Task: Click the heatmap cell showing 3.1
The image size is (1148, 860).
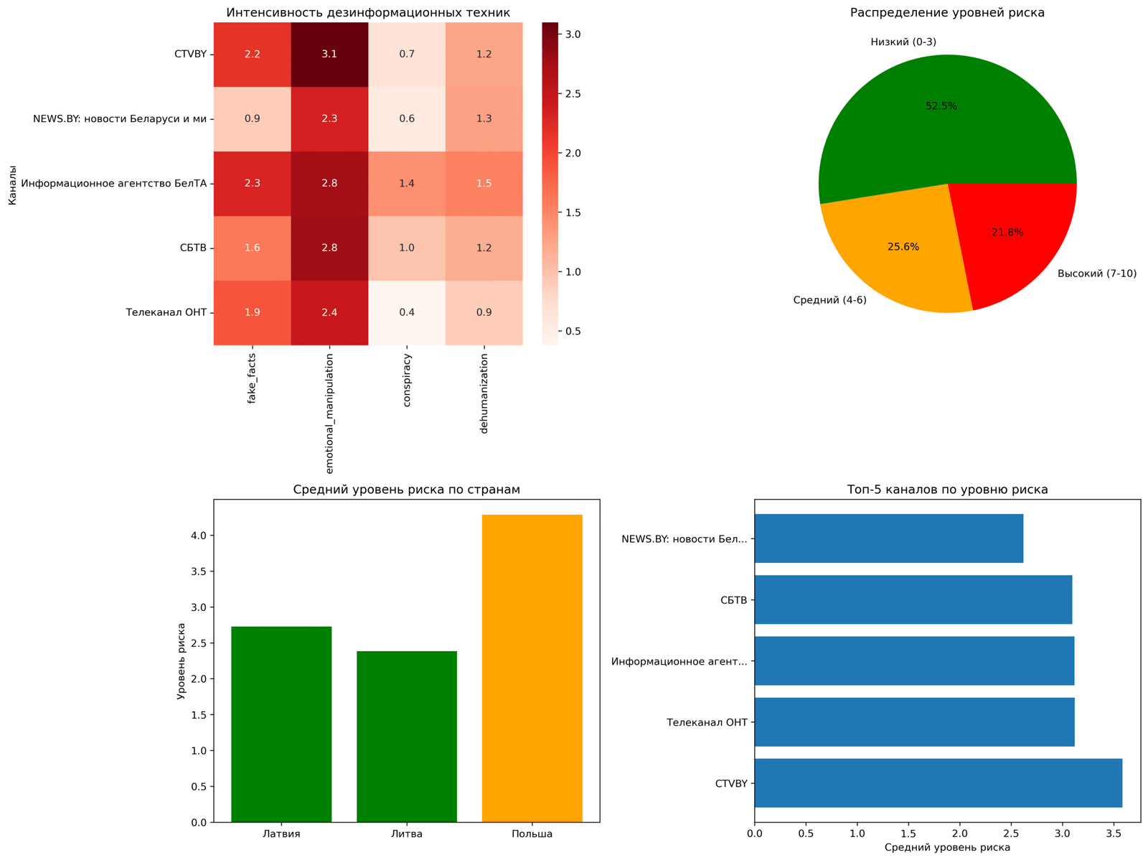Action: click(329, 55)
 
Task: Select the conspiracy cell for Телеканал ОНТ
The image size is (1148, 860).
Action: click(407, 313)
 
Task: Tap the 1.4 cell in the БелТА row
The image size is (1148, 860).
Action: click(407, 184)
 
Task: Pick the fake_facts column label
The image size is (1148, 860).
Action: click(252, 378)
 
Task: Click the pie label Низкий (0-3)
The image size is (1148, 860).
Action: click(903, 42)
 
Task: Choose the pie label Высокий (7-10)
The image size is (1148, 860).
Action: click(1097, 274)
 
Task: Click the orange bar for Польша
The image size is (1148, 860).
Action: click(532, 668)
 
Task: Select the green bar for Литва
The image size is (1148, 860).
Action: click(407, 736)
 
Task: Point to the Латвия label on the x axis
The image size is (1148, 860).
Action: click(281, 834)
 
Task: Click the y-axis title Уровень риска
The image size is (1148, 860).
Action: click(181, 661)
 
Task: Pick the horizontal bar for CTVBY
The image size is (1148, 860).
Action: click(938, 783)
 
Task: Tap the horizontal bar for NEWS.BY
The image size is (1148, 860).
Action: click(888, 538)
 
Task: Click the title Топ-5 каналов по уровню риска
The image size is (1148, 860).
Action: click(947, 490)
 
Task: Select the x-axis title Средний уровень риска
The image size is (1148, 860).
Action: click(947, 848)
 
